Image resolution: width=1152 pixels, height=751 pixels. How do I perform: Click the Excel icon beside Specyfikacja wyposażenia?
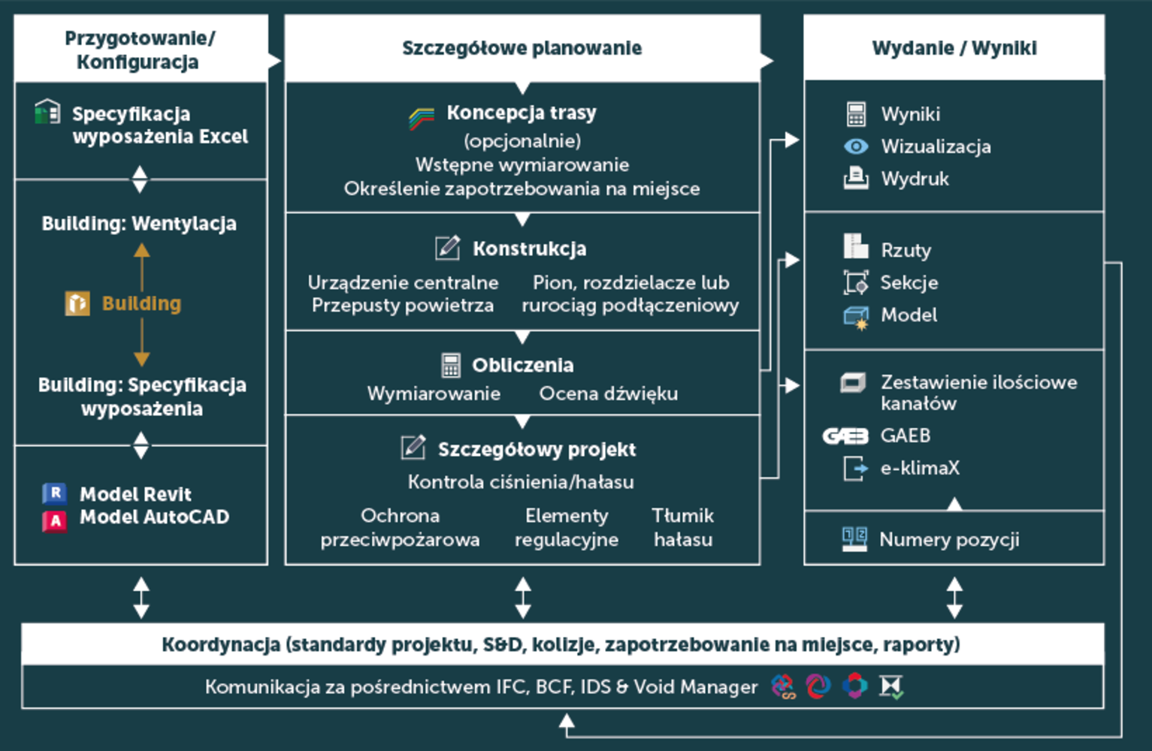47,113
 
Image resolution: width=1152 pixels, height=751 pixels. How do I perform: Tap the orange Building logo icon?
77,303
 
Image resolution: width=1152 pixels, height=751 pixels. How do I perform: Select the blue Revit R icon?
55,493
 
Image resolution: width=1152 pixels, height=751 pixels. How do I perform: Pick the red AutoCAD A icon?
55,520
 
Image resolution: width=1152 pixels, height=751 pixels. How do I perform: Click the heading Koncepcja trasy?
521,113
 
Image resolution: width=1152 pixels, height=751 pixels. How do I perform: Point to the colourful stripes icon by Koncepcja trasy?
422,118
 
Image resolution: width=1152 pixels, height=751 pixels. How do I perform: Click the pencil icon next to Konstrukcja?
448,247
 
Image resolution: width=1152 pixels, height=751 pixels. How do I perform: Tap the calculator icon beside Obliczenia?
451,365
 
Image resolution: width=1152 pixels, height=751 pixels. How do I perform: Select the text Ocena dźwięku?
608,394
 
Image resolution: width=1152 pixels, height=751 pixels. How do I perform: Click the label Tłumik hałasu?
682,527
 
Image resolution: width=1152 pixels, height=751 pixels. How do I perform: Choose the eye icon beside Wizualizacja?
856,146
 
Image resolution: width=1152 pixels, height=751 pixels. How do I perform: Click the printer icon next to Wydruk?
856,179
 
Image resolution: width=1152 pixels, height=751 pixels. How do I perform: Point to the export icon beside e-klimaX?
855,468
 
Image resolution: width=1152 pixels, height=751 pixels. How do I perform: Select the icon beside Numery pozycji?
854,538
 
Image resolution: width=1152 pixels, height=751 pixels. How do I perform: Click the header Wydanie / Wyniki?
954,48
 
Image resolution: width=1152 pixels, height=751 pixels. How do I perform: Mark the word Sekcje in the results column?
909,282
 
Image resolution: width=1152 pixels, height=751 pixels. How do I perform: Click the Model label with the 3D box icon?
909,315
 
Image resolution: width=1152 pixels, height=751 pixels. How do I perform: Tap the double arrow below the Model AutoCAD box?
141,597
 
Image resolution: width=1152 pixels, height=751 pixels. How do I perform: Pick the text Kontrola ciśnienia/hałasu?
521,481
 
